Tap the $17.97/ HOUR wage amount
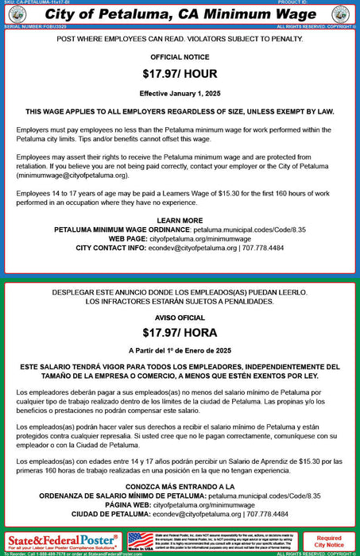click(x=180, y=75)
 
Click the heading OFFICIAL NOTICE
click(x=180, y=57)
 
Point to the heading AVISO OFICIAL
click(x=180, y=315)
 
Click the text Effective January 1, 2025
click(x=180, y=92)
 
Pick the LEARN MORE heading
click(x=180, y=220)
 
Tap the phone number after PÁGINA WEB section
click(x=268, y=514)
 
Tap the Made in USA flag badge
click(x=141, y=541)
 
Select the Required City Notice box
click(x=329, y=542)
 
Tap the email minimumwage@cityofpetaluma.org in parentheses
click(x=72, y=175)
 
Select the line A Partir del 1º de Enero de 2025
click(x=180, y=350)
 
